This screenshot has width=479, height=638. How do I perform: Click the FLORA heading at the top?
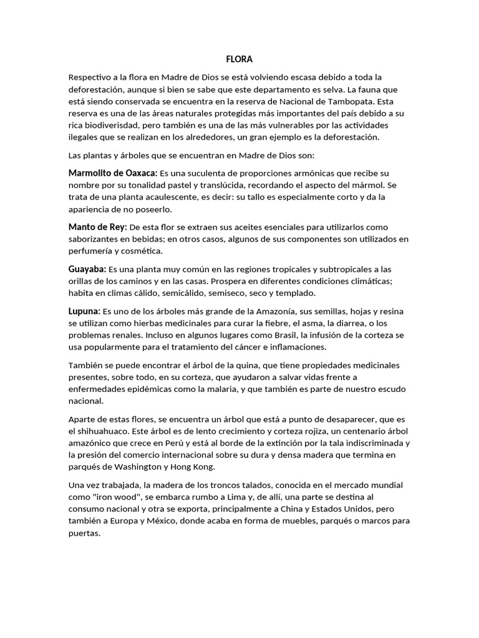tap(239, 60)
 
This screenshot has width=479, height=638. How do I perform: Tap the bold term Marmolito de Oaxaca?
tap(113, 173)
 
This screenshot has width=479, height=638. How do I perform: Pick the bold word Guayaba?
tap(87, 269)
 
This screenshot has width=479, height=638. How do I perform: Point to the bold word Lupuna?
tap(84, 310)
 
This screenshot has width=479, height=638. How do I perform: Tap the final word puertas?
tap(84, 533)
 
